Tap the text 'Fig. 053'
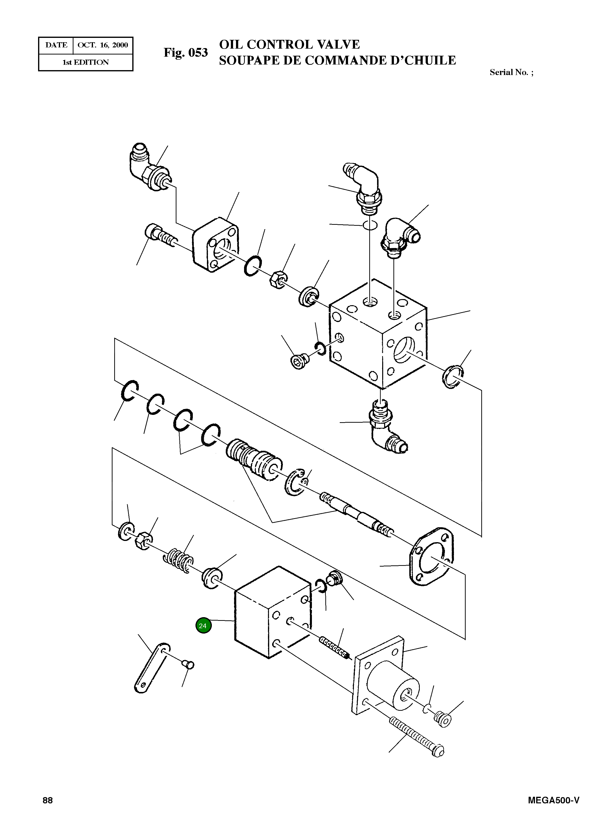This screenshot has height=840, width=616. tap(186, 53)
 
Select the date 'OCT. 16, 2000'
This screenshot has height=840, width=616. tap(103, 45)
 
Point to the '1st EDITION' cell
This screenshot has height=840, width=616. tap(85, 62)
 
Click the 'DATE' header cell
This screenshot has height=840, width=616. tap(56, 45)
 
